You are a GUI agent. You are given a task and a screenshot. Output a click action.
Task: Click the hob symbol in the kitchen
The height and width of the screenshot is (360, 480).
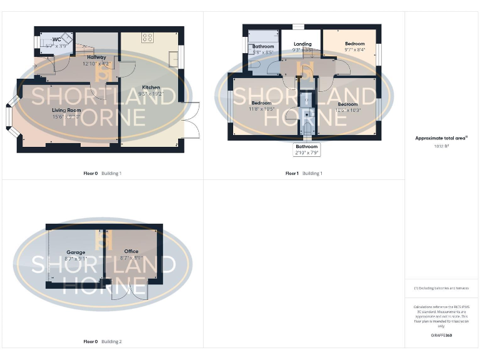(x=147, y=37)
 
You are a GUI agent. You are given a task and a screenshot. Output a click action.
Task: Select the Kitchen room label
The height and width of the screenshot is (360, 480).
(x=151, y=87)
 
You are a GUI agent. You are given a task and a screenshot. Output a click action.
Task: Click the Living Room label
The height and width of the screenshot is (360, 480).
(x=66, y=110)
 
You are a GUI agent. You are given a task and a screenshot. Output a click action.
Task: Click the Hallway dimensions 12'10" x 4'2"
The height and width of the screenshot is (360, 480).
(x=96, y=64)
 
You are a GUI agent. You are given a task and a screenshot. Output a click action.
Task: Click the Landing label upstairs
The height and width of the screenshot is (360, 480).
(x=302, y=44)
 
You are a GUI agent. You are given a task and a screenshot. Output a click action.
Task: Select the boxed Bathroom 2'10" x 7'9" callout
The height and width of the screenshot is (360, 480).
(x=307, y=150)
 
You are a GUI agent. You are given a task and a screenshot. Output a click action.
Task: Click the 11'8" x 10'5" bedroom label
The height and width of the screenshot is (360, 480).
(x=261, y=109)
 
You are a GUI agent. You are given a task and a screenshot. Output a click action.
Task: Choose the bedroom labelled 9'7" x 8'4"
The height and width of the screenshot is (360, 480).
(x=354, y=49)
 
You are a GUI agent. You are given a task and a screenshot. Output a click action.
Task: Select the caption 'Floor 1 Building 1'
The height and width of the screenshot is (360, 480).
(x=304, y=173)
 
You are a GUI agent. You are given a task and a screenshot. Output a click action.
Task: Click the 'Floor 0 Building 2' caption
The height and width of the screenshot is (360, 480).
(x=102, y=342)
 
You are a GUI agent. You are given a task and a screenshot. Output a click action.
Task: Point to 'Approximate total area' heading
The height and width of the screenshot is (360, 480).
(x=441, y=138)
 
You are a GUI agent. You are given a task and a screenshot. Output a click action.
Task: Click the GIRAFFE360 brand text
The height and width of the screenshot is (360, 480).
(x=441, y=336)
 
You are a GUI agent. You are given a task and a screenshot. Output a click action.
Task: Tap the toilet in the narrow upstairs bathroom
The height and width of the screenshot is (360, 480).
(x=307, y=127)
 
